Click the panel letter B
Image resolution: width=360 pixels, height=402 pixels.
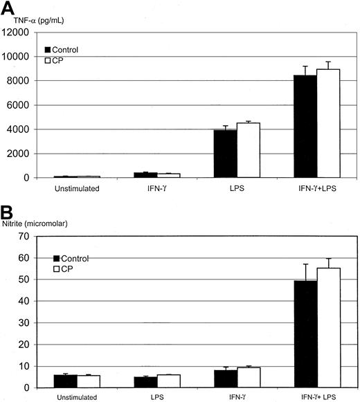(8, 210)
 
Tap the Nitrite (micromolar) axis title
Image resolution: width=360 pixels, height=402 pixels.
(43, 223)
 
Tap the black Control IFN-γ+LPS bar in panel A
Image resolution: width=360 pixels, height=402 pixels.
(305, 127)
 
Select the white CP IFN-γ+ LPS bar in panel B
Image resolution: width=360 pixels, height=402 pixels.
(327, 327)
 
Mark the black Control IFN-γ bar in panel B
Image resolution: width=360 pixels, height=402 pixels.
(225, 378)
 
